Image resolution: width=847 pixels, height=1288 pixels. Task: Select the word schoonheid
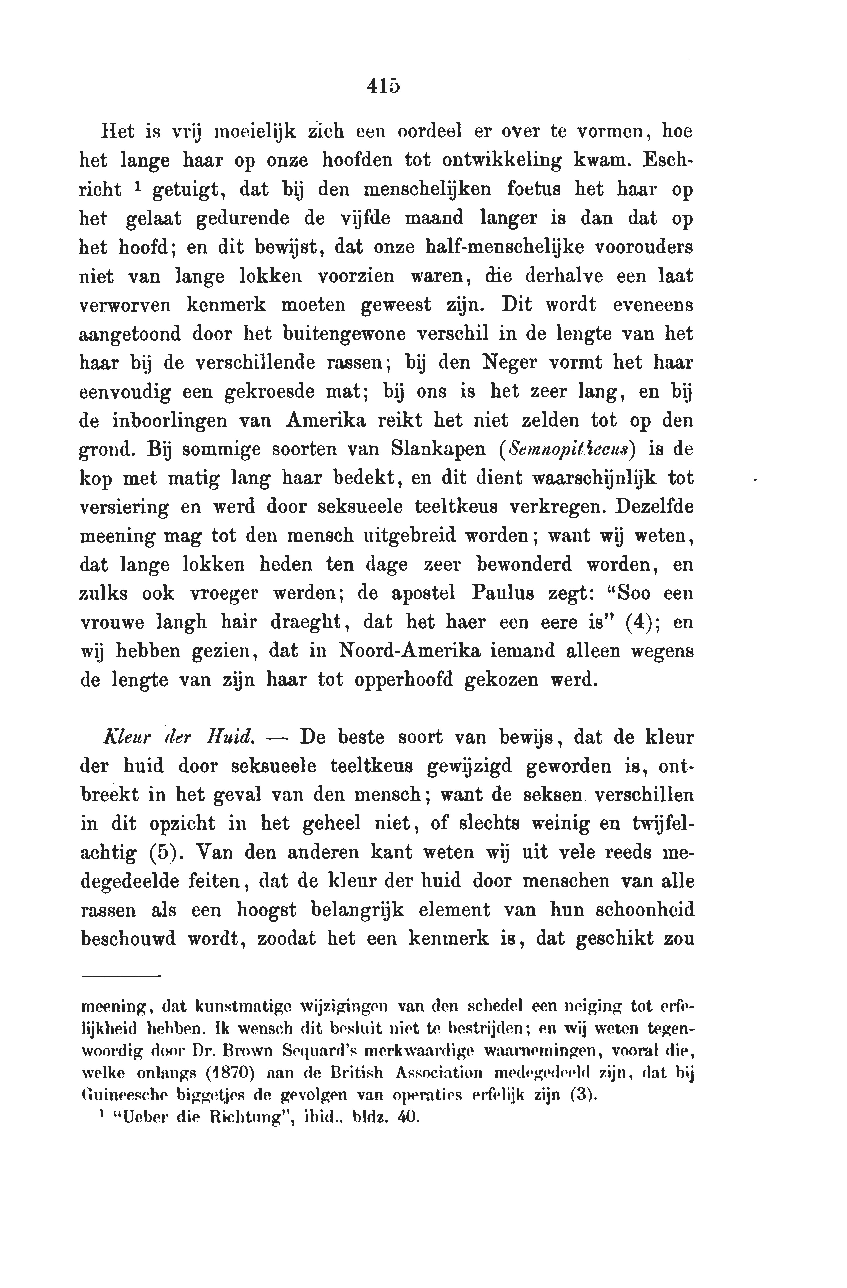pyautogui.click(x=644, y=910)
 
